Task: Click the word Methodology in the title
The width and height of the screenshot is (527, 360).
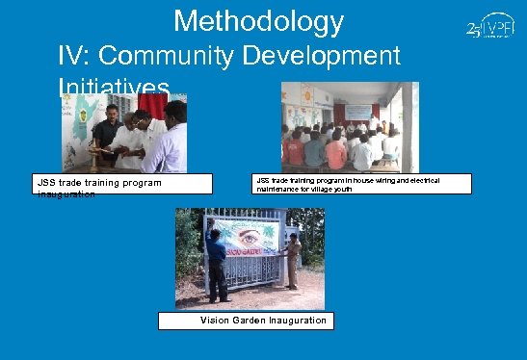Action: [x=258, y=21]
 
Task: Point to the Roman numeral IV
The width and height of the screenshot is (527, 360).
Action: [x=75, y=56]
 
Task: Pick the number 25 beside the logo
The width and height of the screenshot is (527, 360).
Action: [x=474, y=29]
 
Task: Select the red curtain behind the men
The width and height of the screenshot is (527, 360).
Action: [x=152, y=106]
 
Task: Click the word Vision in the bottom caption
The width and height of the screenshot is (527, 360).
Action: [x=217, y=321]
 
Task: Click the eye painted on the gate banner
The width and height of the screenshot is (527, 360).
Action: [x=250, y=237]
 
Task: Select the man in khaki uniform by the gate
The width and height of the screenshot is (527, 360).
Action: [x=293, y=259]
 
